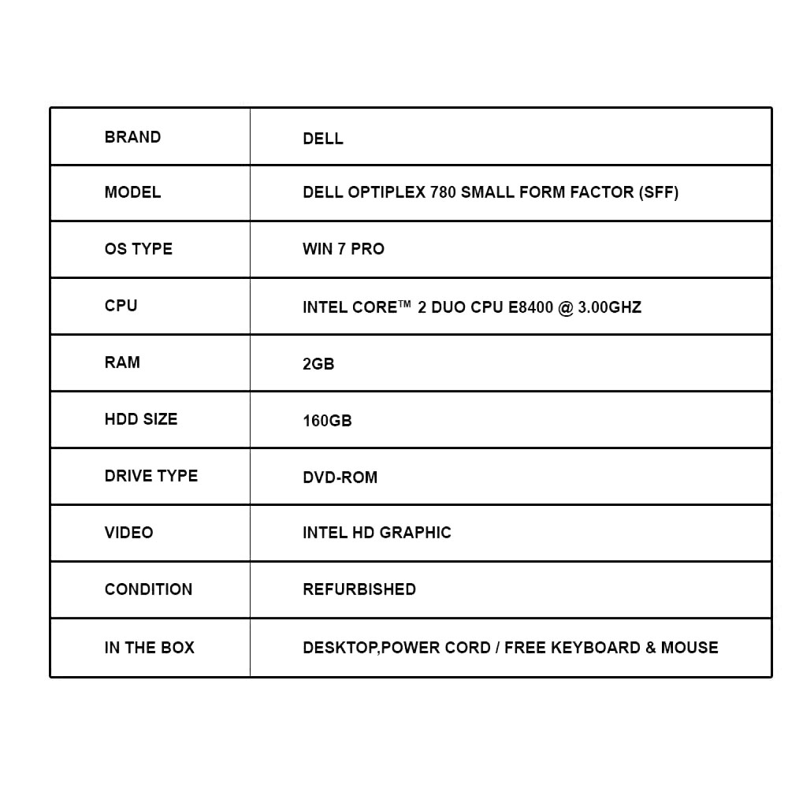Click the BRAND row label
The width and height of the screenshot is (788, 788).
[x=132, y=136]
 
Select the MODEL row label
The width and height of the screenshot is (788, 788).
[x=132, y=192]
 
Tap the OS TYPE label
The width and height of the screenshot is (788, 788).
[x=138, y=249]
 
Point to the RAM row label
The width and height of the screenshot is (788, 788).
[x=122, y=362]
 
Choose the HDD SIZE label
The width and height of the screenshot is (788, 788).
[x=141, y=419]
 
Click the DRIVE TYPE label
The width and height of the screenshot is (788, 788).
[x=151, y=476]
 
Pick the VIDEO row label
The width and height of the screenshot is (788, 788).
[x=128, y=533]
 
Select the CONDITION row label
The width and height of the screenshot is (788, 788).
[x=148, y=589]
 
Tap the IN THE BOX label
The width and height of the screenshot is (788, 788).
[x=149, y=648]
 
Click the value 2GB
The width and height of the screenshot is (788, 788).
[x=318, y=364]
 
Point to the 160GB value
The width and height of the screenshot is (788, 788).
[x=327, y=421]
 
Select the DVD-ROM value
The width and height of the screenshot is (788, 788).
[x=340, y=478]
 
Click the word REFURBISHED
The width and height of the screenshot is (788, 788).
[x=359, y=589]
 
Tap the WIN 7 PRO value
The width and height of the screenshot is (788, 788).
[x=344, y=249]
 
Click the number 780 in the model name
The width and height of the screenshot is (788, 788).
[x=443, y=192]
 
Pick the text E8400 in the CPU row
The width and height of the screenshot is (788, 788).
[x=530, y=307]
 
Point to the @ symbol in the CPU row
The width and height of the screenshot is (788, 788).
[x=565, y=307]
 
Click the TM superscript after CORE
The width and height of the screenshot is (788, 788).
[x=404, y=303]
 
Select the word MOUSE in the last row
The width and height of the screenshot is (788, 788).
[x=689, y=648]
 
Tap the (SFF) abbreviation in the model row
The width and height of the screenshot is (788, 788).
[x=658, y=192]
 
